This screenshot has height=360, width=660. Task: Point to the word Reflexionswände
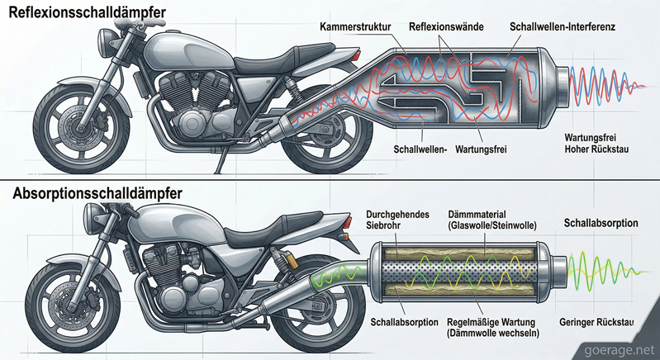(x=444, y=28)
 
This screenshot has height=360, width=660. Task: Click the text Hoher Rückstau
(x=598, y=149)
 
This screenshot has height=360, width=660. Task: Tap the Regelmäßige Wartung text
(x=483, y=321)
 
